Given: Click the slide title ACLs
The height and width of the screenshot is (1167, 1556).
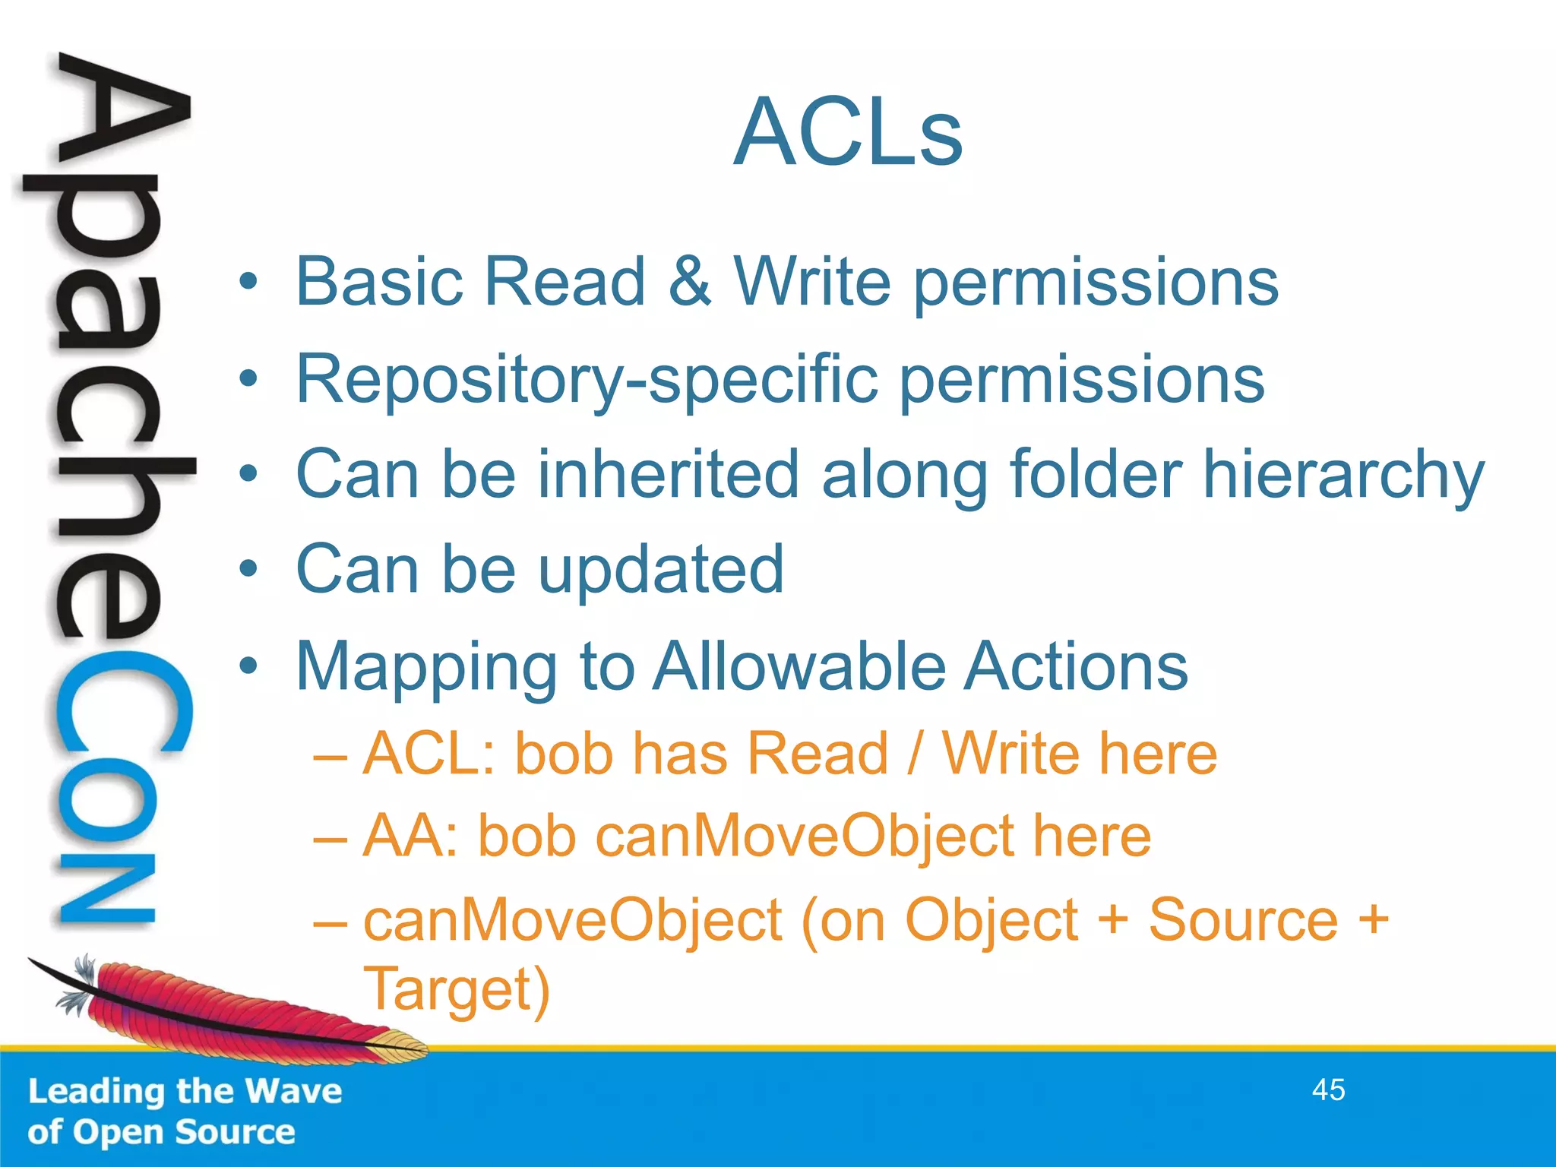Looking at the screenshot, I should coord(848,132).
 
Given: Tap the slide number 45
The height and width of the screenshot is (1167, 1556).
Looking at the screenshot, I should coord(1328,1090).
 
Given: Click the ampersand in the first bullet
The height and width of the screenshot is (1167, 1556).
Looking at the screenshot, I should coord(689,282).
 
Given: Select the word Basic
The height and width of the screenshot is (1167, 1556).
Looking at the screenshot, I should coord(378,282).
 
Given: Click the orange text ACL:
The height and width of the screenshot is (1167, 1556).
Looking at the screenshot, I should coord(429,754).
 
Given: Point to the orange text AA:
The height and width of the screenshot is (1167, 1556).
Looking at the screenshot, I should coord(411,837).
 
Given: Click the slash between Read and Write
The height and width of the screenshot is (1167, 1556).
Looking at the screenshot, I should coord(916,754).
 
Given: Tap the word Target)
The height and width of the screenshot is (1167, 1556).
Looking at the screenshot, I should coord(456,990).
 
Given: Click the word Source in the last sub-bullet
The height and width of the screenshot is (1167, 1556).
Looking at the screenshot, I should coord(1242,920).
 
